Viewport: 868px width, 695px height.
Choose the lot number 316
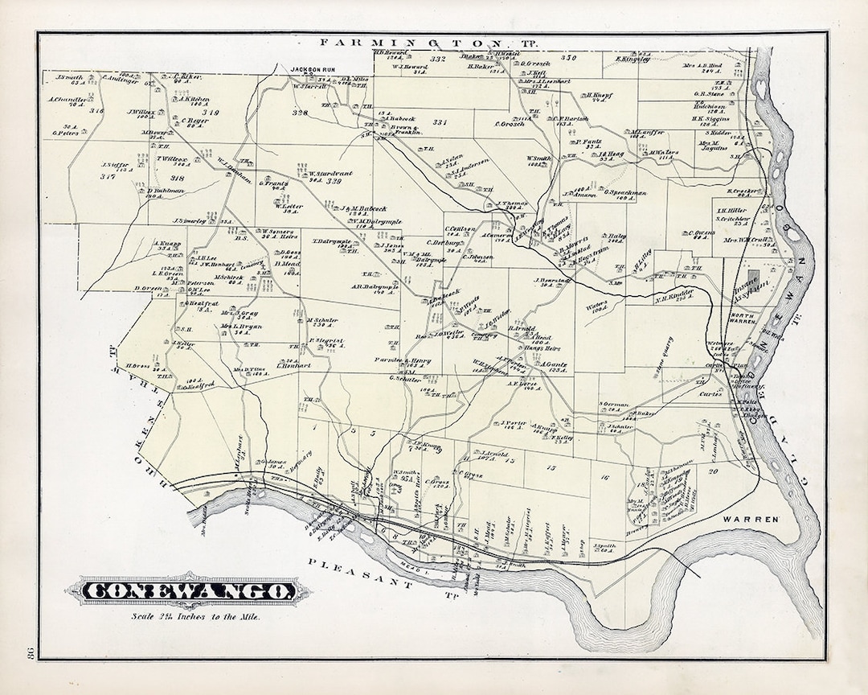(96, 110)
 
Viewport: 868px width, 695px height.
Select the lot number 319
(211, 113)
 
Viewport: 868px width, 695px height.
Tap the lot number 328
(300, 113)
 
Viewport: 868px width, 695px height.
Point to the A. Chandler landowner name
(68, 101)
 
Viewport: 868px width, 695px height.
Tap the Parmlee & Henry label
(408, 360)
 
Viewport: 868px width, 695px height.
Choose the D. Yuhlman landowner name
(166, 191)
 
